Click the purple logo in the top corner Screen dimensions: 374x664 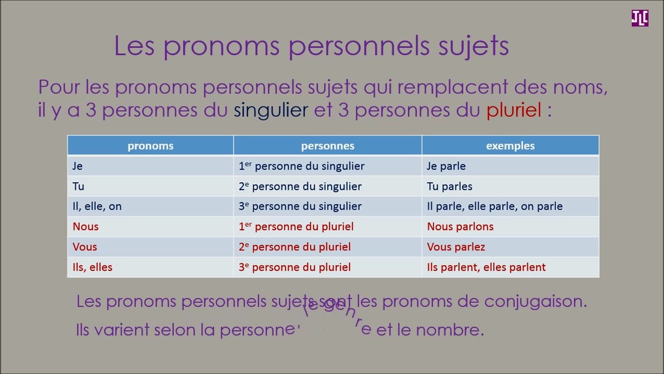[640, 18]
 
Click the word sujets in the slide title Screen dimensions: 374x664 [473, 46]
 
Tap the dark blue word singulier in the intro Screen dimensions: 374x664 [271, 110]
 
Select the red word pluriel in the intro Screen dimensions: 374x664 [514, 110]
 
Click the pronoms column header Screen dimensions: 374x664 [150, 146]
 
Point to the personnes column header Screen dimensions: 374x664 [327, 146]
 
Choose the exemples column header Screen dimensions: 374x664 [510, 146]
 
